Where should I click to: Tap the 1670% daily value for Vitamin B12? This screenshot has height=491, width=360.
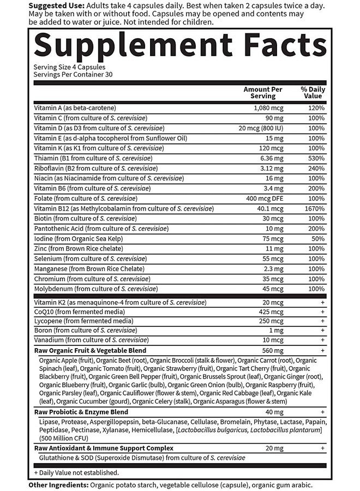(x=315, y=208)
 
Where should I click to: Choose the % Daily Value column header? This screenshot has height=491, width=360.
(x=313, y=92)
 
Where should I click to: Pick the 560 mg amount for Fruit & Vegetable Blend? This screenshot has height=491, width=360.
(x=269, y=350)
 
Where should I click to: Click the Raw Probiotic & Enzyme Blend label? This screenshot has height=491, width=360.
(x=81, y=412)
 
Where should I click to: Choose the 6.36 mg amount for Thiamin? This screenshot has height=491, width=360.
(x=269, y=158)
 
